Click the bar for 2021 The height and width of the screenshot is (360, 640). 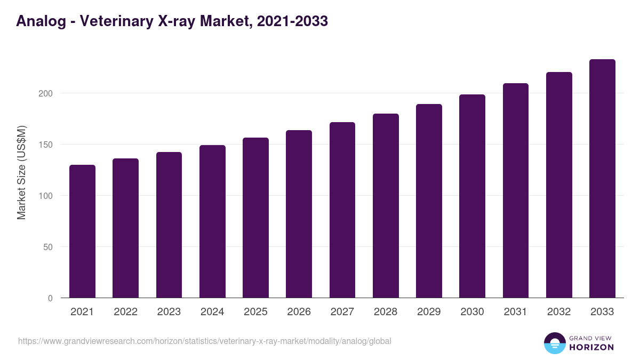82,231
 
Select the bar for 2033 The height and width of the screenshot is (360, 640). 602,179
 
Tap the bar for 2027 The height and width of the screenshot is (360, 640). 342,210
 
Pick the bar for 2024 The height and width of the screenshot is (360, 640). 212,221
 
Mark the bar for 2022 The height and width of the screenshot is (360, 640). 125,228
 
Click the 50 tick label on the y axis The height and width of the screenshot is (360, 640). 49,247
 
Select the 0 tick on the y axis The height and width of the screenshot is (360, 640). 51,298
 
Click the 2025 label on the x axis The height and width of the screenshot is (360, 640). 255,312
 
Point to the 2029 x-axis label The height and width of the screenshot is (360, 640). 429,312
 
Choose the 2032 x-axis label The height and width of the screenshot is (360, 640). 559,312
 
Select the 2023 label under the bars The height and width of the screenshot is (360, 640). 169,312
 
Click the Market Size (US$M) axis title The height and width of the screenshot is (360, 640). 21,172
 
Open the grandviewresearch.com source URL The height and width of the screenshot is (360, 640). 204,341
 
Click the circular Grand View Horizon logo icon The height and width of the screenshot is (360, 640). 554,343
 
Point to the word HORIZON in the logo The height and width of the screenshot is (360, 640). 591,347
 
